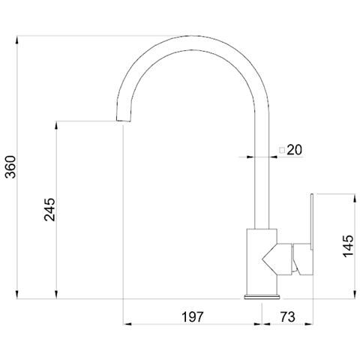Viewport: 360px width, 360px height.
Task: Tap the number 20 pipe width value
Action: click(x=293, y=150)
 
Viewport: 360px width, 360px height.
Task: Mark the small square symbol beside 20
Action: click(x=282, y=150)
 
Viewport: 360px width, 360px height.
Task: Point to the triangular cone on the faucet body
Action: click(x=273, y=259)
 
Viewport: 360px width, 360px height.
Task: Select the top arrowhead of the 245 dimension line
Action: click(x=57, y=124)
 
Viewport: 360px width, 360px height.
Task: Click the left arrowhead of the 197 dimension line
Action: click(x=126, y=324)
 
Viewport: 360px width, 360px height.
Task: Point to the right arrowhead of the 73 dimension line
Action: click(x=313, y=324)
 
